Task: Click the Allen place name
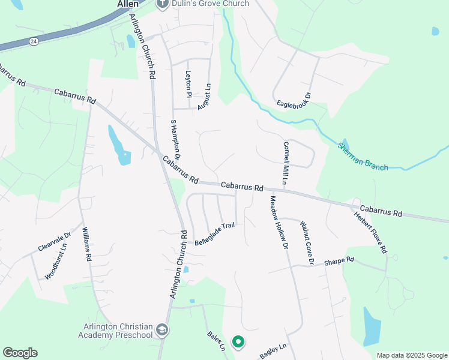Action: click(x=127, y=4)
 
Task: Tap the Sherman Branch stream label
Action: click(x=363, y=157)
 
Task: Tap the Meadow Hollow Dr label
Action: click(x=279, y=223)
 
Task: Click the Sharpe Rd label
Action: click(x=339, y=262)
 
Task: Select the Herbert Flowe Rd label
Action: click(x=370, y=232)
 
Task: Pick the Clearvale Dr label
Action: click(x=55, y=242)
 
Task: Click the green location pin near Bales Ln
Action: click(x=238, y=342)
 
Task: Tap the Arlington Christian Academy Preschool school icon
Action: click(x=161, y=329)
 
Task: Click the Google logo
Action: click(x=20, y=352)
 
